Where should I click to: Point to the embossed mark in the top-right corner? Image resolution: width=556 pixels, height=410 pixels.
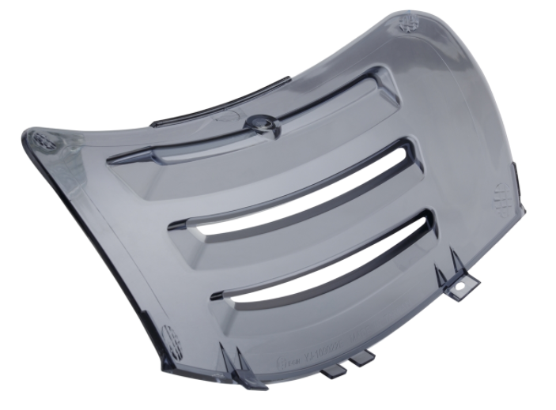pyautogui.click(x=410, y=24)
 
